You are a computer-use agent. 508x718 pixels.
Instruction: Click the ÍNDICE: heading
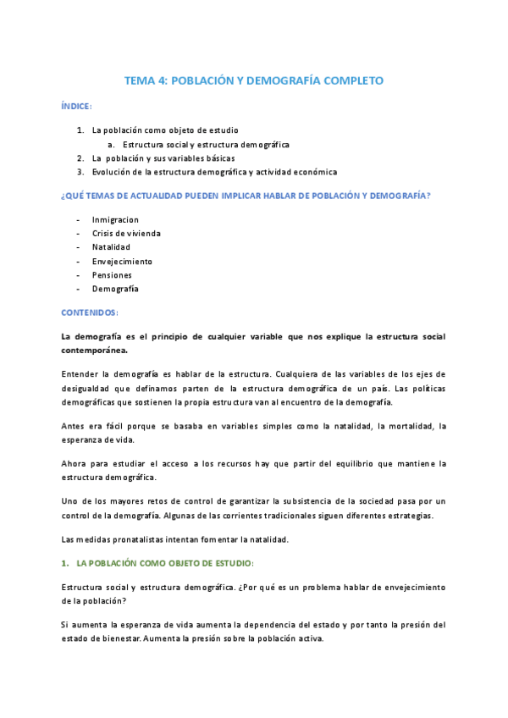(x=77, y=106)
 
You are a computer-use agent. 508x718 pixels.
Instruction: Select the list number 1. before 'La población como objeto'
(x=80, y=130)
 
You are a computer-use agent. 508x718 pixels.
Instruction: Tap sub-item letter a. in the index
(x=112, y=145)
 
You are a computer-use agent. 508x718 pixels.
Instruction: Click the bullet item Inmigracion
(x=115, y=219)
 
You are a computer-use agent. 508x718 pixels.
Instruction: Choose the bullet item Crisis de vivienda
(x=126, y=233)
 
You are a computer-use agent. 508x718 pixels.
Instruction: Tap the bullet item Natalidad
(x=111, y=247)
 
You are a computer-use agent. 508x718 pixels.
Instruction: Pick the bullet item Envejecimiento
(x=122, y=261)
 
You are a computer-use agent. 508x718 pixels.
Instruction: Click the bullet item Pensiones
(x=112, y=275)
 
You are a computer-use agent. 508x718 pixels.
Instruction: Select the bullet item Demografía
(x=115, y=289)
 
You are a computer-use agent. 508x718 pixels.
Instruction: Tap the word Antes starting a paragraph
(x=75, y=425)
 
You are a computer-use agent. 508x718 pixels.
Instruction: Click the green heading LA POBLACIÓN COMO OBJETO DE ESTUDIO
(x=165, y=563)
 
